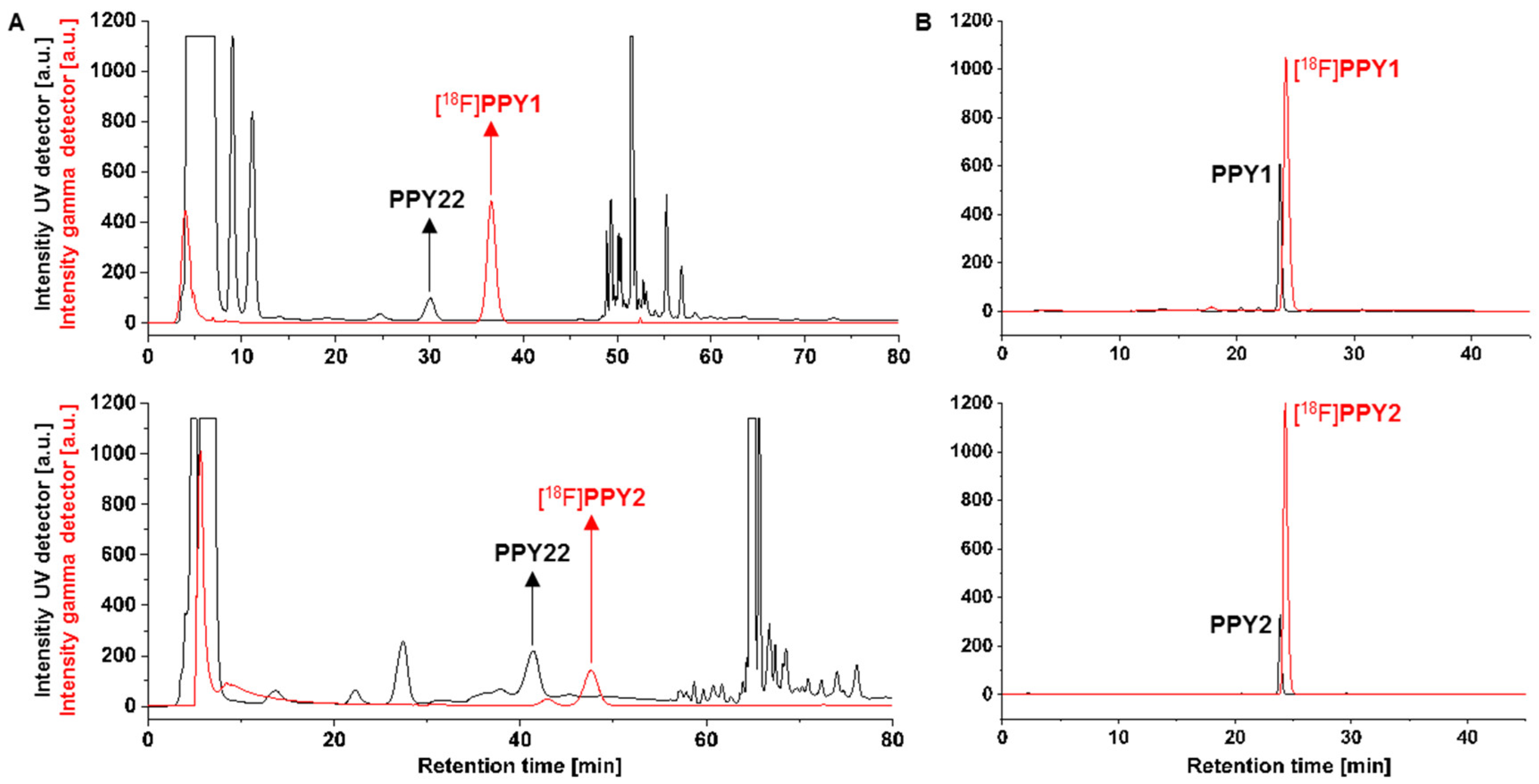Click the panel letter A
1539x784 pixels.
point(17,24)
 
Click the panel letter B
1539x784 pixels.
point(923,24)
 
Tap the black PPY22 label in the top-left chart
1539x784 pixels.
point(427,200)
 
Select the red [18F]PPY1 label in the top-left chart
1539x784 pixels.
point(488,105)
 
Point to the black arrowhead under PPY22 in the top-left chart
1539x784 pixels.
point(429,225)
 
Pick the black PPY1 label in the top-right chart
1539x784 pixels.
point(1240,175)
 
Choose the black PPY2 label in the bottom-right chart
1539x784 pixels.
point(1240,625)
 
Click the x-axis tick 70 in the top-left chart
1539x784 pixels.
point(804,357)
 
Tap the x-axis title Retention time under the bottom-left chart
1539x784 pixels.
point(519,766)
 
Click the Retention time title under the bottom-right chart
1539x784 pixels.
point(1288,766)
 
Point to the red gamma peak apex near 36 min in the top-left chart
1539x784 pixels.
point(491,202)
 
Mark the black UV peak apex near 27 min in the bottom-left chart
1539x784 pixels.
point(403,642)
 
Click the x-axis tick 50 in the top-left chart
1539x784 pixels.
point(617,357)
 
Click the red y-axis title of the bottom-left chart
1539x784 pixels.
point(69,559)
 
